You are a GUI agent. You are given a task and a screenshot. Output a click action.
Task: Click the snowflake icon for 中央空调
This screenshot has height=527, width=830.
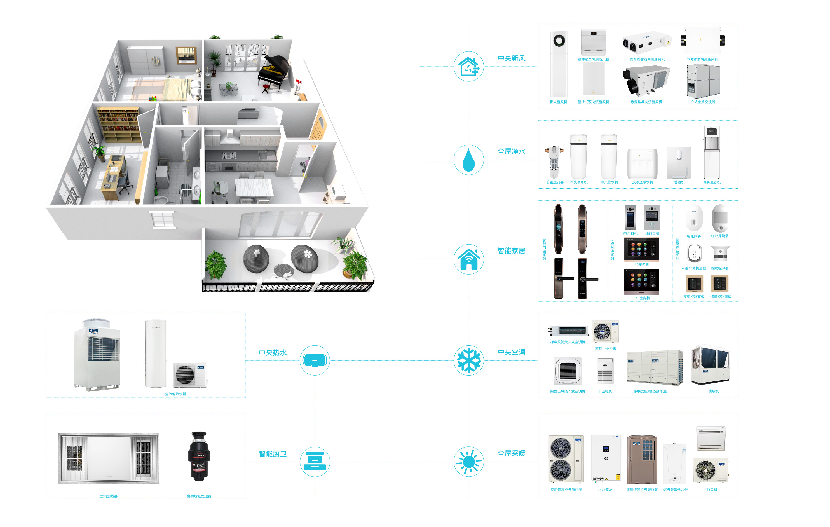tap(468, 360)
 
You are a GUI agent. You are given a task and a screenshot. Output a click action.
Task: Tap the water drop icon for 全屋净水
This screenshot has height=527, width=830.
tap(468, 160)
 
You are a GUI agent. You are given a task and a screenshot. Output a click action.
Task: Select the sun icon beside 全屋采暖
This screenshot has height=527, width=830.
tap(468, 462)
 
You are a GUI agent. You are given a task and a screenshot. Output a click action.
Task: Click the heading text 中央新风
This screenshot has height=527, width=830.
tap(511, 58)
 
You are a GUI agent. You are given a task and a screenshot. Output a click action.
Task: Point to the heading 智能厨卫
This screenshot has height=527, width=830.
tap(273, 454)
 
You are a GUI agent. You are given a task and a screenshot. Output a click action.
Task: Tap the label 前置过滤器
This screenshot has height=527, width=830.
tap(555, 182)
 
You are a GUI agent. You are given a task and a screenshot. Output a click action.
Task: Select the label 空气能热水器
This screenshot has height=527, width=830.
tap(175, 394)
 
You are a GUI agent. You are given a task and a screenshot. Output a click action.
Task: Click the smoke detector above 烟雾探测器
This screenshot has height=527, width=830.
tap(720, 253)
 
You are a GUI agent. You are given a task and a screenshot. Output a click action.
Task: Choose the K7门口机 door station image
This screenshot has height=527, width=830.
tap(630, 217)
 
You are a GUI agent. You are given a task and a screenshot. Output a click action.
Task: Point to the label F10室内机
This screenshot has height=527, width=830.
tap(641, 298)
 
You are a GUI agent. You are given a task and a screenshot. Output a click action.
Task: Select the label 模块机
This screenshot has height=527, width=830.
tap(713, 391)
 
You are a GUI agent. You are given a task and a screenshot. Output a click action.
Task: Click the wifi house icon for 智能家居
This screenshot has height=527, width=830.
tap(468, 259)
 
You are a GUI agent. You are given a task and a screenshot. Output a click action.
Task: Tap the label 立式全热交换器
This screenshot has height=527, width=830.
tap(702, 102)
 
